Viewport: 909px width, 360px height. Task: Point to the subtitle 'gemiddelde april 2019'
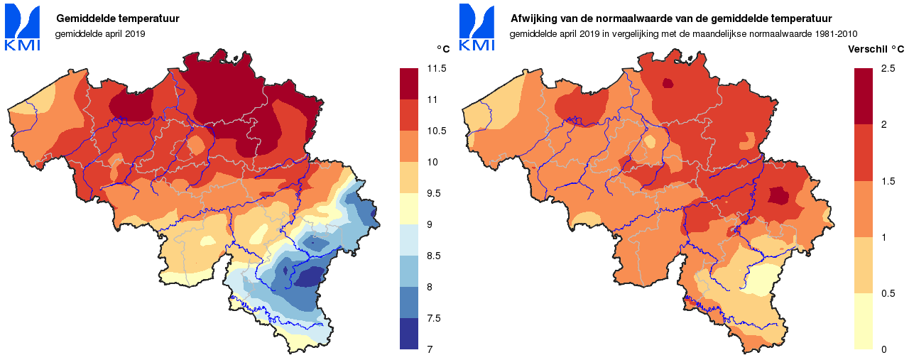(x=100, y=33)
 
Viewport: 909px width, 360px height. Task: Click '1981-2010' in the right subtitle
(x=839, y=33)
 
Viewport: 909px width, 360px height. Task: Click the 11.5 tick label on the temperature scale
(x=437, y=69)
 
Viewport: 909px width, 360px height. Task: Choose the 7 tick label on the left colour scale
(x=430, y=349)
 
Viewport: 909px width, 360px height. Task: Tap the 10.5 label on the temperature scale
(x=437, y=131)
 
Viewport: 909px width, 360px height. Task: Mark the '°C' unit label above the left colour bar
(x=443, y=49)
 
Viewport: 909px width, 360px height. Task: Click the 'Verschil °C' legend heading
(x=876, y=49)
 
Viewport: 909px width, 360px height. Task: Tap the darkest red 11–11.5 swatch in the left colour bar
(x=410, y=84)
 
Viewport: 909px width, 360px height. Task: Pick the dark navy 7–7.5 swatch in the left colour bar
(x=410, y=334)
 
